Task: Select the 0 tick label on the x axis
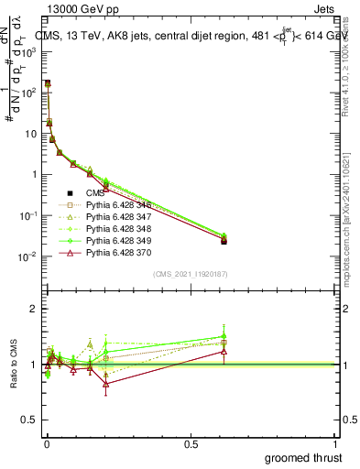point(47,443)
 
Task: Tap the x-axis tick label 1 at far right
point(335,443)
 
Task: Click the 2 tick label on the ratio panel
point(34,309)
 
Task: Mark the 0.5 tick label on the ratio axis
point(30,420)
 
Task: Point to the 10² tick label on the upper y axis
point(30,93)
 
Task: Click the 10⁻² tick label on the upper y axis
point(30,256)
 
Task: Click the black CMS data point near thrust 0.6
point(224,241)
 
